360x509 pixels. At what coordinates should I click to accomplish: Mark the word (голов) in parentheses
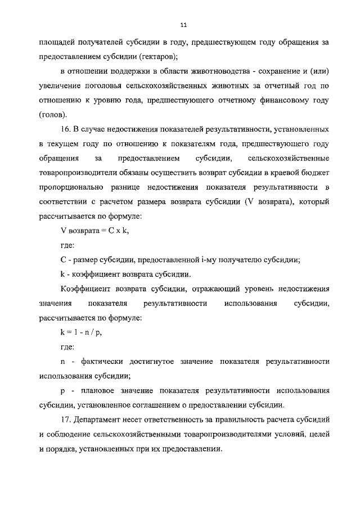click(x=53, y=115)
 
